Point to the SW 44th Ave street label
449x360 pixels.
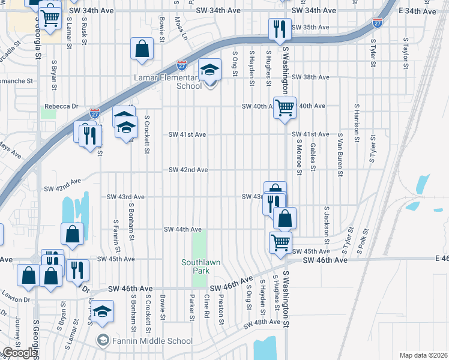point(183,229)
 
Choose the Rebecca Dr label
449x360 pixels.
point(62,107)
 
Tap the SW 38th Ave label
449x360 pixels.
point(310,77)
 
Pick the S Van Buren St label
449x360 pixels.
point(340,155)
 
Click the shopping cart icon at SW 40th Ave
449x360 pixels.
point(285,108)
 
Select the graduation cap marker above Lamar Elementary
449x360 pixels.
point(210,71)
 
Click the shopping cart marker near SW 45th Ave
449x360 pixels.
point(280,243)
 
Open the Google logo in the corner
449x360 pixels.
point(20,353)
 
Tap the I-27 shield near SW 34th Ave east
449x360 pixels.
point(377,23)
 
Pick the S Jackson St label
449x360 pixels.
point(327,221)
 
